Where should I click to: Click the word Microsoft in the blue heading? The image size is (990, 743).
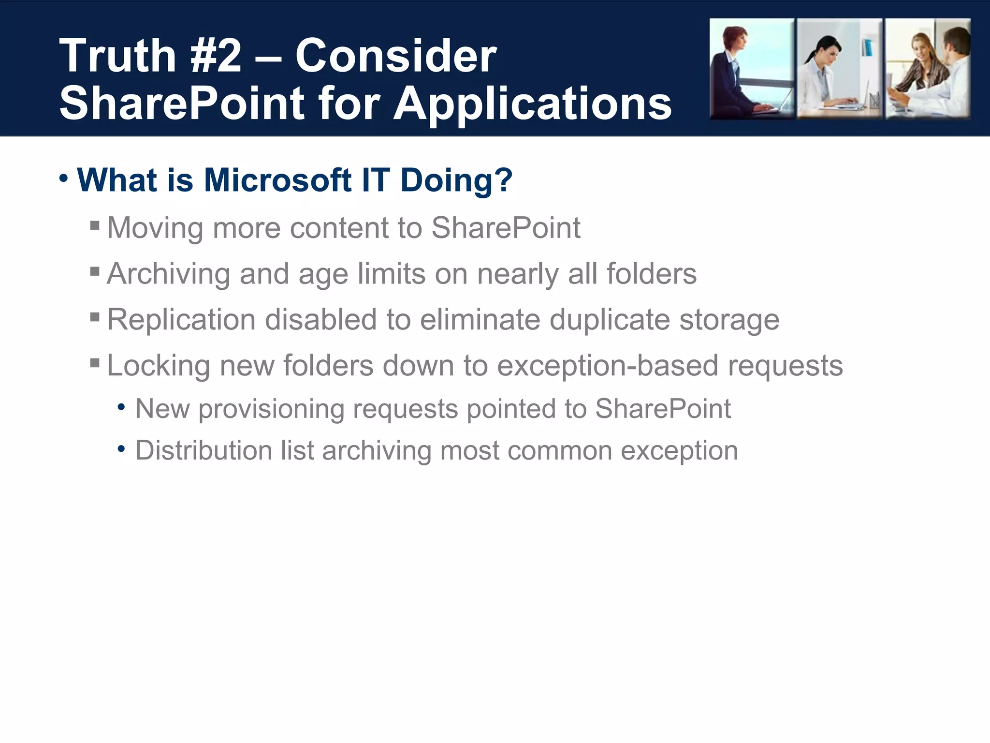click(x=277, y=180)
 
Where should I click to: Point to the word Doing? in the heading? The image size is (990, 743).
click(x=456, y=180)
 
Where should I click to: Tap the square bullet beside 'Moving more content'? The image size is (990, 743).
click(x=95, y=225)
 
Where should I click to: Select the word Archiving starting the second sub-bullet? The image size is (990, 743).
click(x=168, y=274)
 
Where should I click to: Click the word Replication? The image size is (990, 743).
click(x=181, y=320)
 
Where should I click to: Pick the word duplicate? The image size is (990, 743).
click(x=610, y=320)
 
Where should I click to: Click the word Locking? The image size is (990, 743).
click(x=159, y=366)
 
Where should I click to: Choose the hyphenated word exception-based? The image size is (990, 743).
click(x=608, y=366)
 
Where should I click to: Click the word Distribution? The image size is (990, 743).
click(x=203, y=451)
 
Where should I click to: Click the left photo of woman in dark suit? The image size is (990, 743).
click(x=751, y=69)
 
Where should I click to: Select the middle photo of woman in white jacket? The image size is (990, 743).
click(x=839, y=69)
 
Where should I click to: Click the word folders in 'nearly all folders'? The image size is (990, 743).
click(x=651, y=274)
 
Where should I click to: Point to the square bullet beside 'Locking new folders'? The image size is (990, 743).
click(x=95, y=363)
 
